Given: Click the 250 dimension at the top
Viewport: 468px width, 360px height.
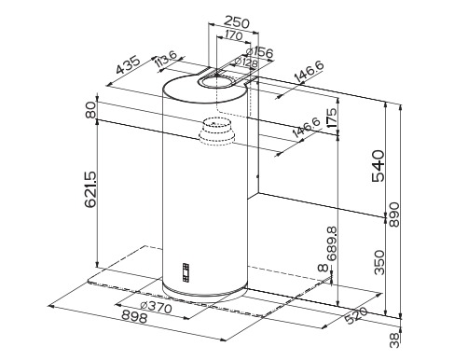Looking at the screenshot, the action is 237,22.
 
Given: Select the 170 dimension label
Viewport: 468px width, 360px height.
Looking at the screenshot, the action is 233,35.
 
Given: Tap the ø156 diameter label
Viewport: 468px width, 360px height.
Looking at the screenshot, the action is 259,52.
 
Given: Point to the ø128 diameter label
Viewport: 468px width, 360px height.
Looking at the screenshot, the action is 246,62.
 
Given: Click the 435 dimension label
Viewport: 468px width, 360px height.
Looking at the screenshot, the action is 129,65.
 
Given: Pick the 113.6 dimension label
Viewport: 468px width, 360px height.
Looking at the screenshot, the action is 166,59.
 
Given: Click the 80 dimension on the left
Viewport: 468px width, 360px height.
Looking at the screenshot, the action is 91,110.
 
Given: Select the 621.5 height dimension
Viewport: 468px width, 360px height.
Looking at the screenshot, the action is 91,189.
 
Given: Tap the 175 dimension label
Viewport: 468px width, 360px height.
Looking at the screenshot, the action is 332,118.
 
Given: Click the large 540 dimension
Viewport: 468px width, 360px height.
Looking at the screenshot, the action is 379,166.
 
